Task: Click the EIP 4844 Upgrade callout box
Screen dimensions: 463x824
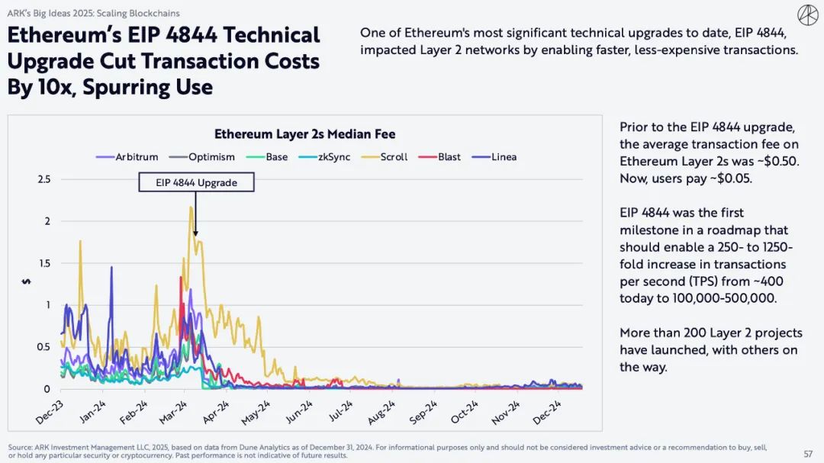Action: point(196,182)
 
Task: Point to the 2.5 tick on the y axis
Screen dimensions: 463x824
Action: point(43,179)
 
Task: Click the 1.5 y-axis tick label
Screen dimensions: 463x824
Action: point(43,263)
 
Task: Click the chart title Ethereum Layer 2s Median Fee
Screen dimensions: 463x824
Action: point(304,134)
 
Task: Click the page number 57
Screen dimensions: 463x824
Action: point(807,453)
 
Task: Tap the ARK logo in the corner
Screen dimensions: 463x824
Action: point(806,14)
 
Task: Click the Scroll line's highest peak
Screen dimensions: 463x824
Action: point(191,207)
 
